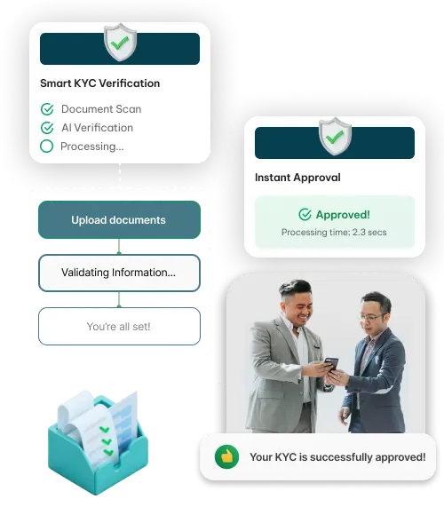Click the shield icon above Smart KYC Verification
pyautogui.click(x=120, y=42)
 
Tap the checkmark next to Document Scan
pyautogui.click(x=47, y=109)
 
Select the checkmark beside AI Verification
pyautogui.click(x=47, y=128)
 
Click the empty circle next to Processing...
pyautogui.click(x=47, y=147)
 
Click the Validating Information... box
pyautogui.click(x=119, y=273)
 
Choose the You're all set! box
pyautogui.click(x=119, y=326)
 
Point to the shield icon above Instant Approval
pyautogui.click(x=335, y=137)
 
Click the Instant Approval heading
pyautogui.click(x=297, y=178)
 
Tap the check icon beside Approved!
pyautogui.click(x=305, y=215)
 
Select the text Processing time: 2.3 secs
pyautogui.click(x=334, y=233)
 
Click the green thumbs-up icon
pyautogui.click(x=226, y=456)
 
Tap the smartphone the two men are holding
pyautogui.click(x=331, y=365)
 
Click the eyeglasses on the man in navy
pyautogui.click(x=372, y=317)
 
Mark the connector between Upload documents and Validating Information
pyautogui.click(x=119, y=246)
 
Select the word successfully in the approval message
pyautogui.click(x=341, y=457)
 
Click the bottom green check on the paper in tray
pyautogui.click(x=108, y=453)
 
